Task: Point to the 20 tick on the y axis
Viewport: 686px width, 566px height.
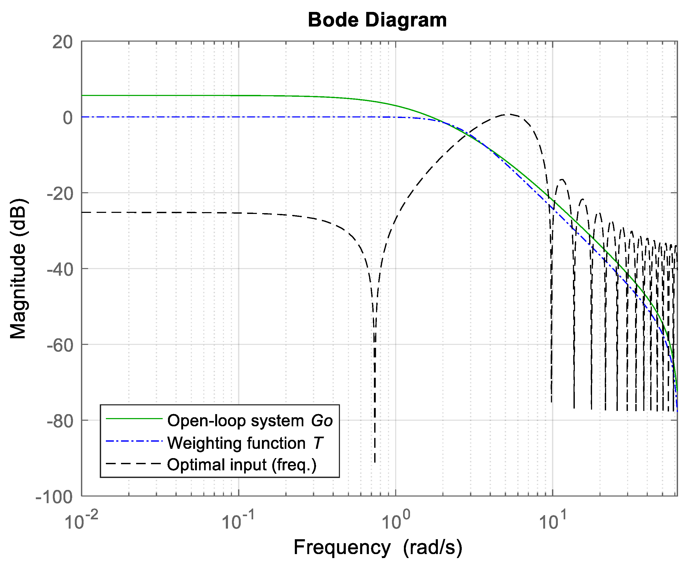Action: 63,42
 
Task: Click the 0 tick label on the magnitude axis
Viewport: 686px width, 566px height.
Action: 68,118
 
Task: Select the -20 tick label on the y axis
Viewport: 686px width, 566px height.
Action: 60,194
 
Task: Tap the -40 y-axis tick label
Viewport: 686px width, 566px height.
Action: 60,270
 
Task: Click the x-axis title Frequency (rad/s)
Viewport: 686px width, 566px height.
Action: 378,547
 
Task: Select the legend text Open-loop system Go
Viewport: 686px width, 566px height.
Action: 250,420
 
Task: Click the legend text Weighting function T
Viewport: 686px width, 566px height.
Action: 245,443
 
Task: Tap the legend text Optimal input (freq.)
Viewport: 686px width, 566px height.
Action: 241,465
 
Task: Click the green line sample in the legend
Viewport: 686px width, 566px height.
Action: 134,419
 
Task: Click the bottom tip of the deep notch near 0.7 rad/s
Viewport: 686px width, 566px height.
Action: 375,461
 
